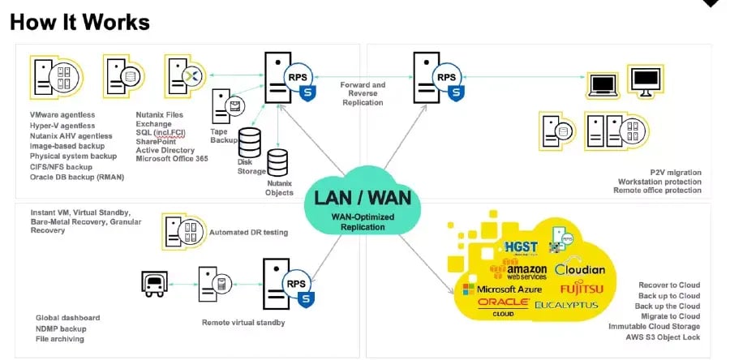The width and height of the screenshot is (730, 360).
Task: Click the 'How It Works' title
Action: [x=79, y=22]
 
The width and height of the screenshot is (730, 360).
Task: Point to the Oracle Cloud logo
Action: [x=504, y=306]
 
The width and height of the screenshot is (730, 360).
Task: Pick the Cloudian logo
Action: [x=580, y=269]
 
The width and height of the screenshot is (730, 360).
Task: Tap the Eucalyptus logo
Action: [x=566, y=306]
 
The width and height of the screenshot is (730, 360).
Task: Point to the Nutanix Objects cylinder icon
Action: [x=278, y=163]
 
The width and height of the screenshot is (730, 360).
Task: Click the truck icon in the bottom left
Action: [x=154, y=283]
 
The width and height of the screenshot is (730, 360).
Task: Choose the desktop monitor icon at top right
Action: [x=647, y=81]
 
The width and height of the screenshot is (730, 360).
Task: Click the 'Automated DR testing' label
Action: [x=249, y=233]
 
